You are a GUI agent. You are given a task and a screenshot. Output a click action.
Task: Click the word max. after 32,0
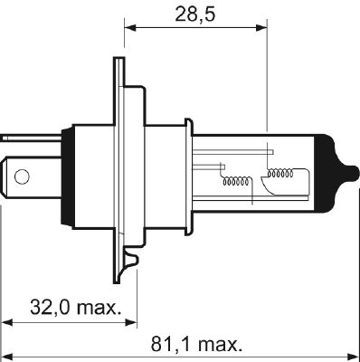point(96,307)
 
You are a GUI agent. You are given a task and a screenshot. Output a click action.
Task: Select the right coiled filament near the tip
point(281,172)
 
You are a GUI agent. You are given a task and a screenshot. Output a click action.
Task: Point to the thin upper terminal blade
point(20,138)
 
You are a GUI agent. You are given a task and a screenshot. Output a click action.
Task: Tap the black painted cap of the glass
point(327,172)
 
